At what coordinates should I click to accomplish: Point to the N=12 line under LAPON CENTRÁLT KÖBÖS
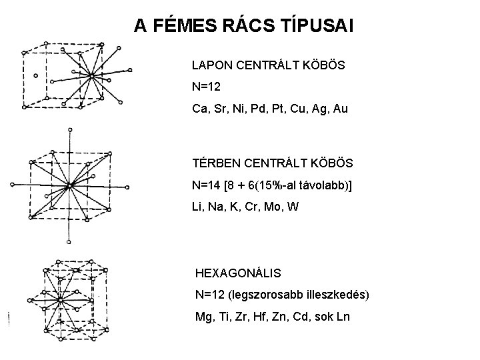pos(207,87)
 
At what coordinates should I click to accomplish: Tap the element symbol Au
pos(339,107)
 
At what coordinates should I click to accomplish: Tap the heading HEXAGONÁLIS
pos(238,273)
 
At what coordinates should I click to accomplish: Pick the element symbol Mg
pos(204,316)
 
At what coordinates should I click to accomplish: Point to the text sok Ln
pos(340,316)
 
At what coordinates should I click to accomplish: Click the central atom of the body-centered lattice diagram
pos(69,184)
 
